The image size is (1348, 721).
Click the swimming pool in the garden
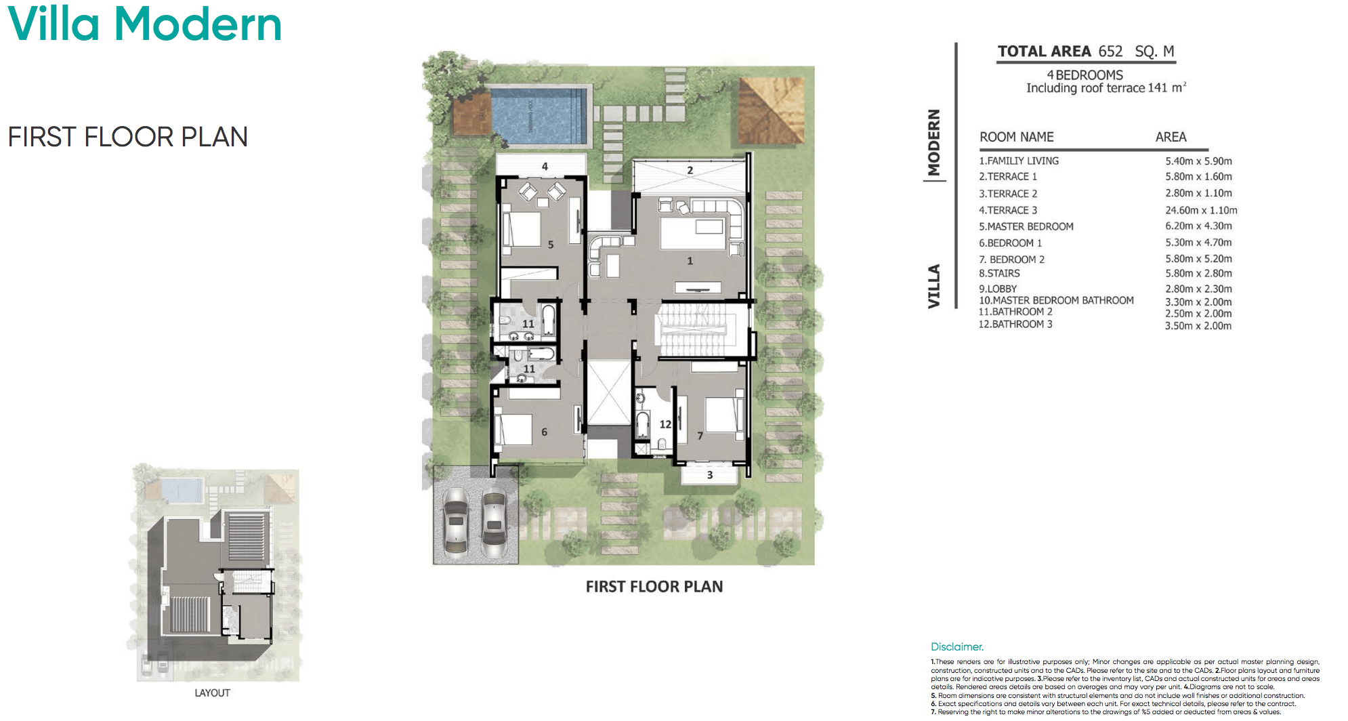click(x=539, y=117)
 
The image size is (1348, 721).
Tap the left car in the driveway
click(x=456, y=522)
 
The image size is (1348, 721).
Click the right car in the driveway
click(x=494, y=522)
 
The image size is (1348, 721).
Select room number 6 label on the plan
click(x=544, y=432)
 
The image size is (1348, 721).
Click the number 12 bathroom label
click(x=665, y=424)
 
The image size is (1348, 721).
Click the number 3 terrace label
click(x=710, y=475)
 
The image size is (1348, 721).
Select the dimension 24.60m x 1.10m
click(x=1201, y=210)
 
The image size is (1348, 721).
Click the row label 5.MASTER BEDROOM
click(x=1026, y=226)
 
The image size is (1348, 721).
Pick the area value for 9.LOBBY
click(x=1198, y=289)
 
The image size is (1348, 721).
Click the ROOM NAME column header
click(x=1016, y=137)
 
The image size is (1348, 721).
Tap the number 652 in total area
click(x=1110, y=52)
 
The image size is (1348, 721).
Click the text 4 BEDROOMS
click(x=1084, y=75)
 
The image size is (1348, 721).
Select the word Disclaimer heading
click(x=956, y=646)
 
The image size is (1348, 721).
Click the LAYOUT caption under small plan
click(x=212, y=693)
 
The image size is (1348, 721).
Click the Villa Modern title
click(x=144, y=24)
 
